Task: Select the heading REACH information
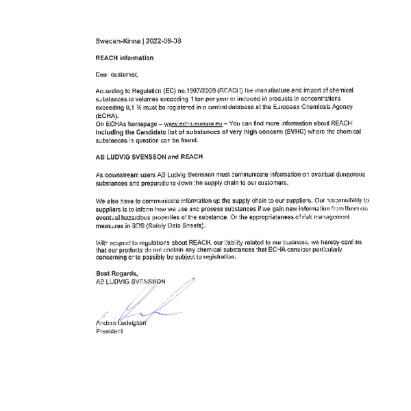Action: click(124, 58)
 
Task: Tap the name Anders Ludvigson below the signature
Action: click(121, 323)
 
